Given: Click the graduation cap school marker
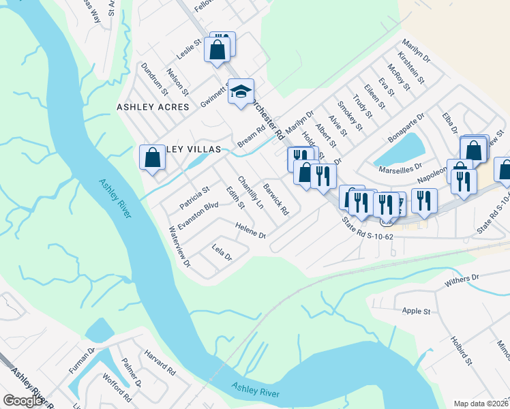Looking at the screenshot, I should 240,93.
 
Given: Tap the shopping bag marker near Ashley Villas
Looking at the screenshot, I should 153,159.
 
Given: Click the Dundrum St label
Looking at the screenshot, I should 154,78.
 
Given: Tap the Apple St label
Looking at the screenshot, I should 416,312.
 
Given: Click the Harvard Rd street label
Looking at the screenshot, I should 160,363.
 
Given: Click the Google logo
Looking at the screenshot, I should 23,401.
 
